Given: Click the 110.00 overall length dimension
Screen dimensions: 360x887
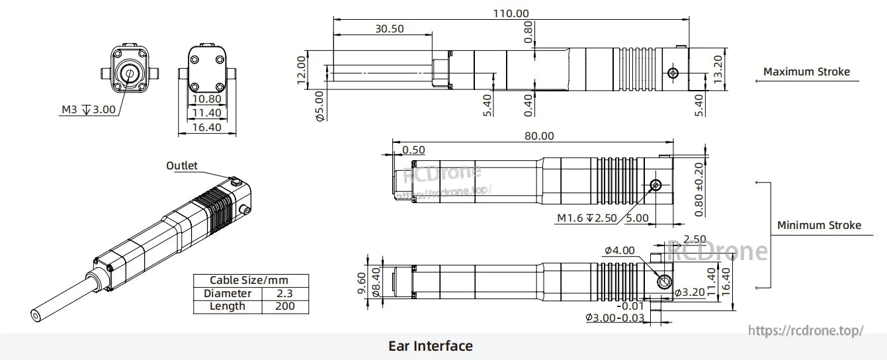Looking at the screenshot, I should (x=511, y=13).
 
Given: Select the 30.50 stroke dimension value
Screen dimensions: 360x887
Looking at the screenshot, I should (x=389, y=28).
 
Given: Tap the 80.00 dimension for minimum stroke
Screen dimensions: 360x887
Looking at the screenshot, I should (x=539, y=136).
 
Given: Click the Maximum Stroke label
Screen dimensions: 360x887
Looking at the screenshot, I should (x=806, y=71).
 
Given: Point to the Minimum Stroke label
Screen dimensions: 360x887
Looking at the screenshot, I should (x=819, y=225).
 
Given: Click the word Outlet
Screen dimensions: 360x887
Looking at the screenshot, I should (x=181, y=165).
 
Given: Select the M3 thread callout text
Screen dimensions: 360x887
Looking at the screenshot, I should (x=89, y=109).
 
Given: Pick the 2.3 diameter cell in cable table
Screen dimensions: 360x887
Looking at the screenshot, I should (x=286, y=293).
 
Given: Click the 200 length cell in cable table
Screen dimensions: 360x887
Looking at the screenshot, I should (x=286, y=306).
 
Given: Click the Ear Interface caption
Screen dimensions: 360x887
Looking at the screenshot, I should (x=430, y=346).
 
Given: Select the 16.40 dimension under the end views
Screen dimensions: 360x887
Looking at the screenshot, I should (x=206, y=127).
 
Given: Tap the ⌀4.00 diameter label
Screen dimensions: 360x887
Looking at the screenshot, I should (x=619, y=250).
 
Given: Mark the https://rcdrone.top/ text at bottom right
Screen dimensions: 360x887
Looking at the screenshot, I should (x=805, y=330).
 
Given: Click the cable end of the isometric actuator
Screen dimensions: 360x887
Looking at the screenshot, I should (x=36, y=315).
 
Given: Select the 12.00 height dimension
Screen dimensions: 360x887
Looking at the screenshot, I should (x=302, y=69).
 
